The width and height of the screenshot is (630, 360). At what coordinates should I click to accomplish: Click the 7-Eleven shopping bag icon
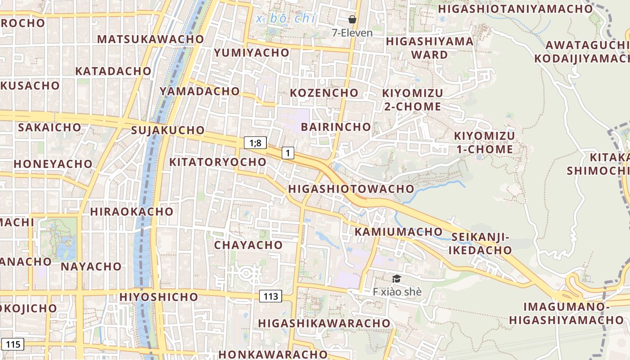pos(352,19)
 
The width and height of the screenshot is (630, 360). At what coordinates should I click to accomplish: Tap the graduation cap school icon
pos(396,279)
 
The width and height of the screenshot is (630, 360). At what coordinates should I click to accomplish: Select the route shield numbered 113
pos(270,296)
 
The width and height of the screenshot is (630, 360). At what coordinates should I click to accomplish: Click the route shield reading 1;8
pos(256,143)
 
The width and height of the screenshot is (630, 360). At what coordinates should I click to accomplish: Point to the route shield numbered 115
pos(13,344)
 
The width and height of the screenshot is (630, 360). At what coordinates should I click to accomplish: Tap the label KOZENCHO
pos(324,93)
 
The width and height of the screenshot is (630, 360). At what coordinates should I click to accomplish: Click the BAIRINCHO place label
pos(336,127)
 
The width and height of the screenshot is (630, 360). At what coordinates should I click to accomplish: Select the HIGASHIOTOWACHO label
pos(351,189)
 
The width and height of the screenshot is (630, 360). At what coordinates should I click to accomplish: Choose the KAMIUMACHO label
pos(399,232)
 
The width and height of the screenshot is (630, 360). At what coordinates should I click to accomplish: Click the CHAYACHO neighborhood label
pos(248,245)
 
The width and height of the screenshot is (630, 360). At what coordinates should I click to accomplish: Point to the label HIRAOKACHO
pos(131,211)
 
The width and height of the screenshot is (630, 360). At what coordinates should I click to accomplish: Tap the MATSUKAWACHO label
pos(151,39)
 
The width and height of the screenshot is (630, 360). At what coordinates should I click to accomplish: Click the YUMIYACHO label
pos(252,53)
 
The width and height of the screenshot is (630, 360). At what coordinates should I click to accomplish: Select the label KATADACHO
pos(113,71)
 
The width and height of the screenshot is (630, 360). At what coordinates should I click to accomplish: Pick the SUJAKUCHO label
pos(168,130)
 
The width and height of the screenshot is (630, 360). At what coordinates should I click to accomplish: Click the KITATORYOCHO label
pos(218,162)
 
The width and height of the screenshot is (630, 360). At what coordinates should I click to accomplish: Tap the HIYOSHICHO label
pos(159,297)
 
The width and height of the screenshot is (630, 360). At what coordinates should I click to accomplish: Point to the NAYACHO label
pos(91,266)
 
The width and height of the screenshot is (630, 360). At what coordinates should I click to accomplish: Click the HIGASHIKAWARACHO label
pos(324,323)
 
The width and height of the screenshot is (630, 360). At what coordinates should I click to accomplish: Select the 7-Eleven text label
pos(352,33)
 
